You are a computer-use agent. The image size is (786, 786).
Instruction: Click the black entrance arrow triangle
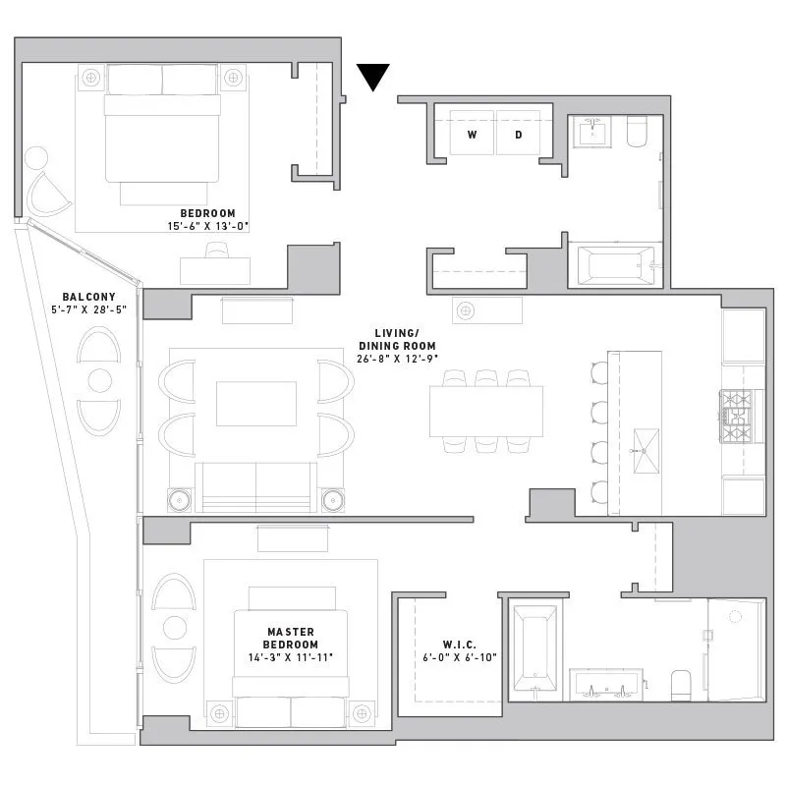(373, 76)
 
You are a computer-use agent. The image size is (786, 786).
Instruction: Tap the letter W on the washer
(472, 134)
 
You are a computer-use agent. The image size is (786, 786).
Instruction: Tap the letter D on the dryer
(518, 134)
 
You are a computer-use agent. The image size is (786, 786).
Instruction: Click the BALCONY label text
(88, 297)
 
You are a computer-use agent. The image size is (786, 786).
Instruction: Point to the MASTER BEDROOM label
(292, 638)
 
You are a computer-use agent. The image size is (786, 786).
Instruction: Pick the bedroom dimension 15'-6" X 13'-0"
(207, 226)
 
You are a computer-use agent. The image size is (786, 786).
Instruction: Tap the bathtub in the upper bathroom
(615, 265)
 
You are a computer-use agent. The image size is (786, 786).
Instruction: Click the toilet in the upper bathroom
(638, 132)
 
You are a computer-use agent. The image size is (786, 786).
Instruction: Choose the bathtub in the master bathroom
(536, 648)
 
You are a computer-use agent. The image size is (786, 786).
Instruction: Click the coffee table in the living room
(255, 403)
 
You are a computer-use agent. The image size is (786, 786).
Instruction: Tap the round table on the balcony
(99, 380)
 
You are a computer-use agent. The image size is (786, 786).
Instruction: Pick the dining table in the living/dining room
(485, 411)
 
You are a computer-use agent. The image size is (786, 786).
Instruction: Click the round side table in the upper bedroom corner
(36, 158)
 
